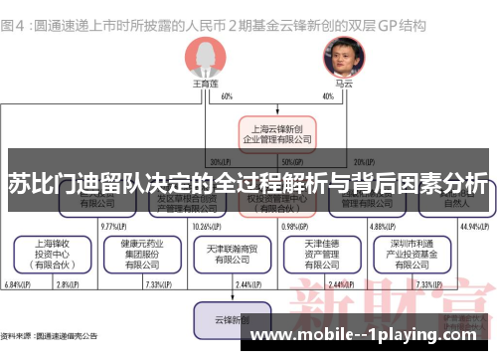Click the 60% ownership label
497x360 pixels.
pos(228,96)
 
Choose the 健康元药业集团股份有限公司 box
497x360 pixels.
pos(138,254)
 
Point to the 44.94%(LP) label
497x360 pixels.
pos(475,226)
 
